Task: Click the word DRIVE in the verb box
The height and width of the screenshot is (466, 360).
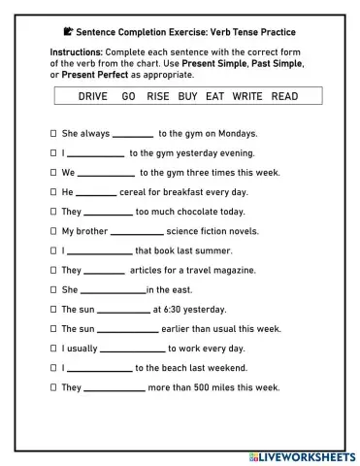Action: point(93,97)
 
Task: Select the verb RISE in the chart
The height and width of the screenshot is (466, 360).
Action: point(158,97)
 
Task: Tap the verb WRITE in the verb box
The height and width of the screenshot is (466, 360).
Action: point(248,97)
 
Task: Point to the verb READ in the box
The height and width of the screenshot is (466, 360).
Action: point(284,97)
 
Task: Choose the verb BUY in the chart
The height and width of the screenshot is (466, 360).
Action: point(188,97)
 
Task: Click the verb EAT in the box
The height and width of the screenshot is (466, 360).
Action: point(215,97)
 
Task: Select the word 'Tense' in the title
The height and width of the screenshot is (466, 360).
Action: point(245,31)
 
